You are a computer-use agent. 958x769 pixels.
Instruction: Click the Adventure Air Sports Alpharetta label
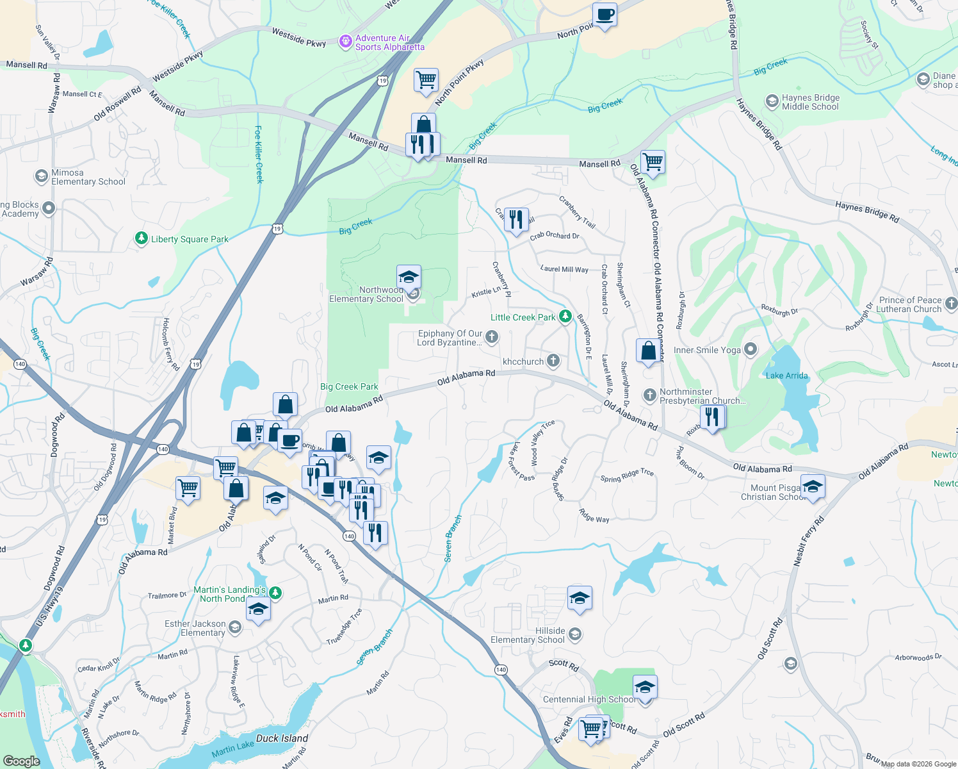pos(389,43)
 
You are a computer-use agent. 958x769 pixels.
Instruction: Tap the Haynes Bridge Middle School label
pos(810,103)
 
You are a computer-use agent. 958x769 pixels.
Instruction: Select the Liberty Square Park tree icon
pos(142,238)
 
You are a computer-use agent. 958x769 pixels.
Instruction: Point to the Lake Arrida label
pos(786,376)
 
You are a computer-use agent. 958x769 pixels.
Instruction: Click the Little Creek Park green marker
pos(565,317)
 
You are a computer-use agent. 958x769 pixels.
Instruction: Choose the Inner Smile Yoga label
pos(707,350)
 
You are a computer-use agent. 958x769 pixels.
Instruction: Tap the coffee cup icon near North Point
pos(604,15)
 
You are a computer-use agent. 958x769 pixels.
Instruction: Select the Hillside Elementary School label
pos(528,635)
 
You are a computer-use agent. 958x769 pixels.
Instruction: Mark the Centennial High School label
pos(589,699)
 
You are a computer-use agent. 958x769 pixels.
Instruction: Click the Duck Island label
pos(282,738)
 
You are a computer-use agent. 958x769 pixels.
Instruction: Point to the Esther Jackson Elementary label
pos(195,628)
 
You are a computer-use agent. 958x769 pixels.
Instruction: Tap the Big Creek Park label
pos(349,386)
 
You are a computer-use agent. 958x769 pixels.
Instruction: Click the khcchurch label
pos(523,361)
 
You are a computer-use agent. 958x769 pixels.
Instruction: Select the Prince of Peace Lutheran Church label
pos(910,304)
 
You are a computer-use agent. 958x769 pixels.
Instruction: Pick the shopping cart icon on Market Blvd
pos(188,488)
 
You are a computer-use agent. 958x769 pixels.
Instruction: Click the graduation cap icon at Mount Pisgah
pos(812,486)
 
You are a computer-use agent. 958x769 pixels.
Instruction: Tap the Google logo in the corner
pos(21,761)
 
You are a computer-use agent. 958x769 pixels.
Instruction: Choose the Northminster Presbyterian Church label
pos(702,396)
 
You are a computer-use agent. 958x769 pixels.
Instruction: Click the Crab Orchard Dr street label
pos(554,236)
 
